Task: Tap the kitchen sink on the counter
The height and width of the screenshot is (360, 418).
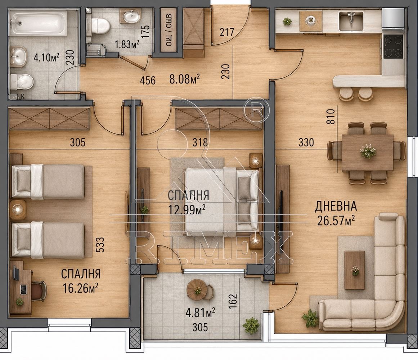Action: tap(351, 21)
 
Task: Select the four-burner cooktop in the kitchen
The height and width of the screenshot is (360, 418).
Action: tap(393, 46)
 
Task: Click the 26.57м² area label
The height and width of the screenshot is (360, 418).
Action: tap(336, 221)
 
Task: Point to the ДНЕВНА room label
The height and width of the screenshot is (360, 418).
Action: tap(336, 206)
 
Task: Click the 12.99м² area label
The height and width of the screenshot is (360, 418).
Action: tap(186, 210)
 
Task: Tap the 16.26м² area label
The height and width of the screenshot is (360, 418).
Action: tap(80, 288)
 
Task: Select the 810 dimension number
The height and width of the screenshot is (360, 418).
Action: tap(331, 116)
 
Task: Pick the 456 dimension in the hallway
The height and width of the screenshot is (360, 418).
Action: tap(148, 80)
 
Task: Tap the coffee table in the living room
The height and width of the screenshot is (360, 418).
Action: tap(355, 270)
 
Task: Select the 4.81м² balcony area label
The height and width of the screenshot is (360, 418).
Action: tap(201, 313)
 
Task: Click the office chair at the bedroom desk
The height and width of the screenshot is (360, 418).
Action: tap(38, 291)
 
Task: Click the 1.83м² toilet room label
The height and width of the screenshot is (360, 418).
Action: tap(127, 44)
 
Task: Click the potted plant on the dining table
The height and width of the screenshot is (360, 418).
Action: tap(368, 151)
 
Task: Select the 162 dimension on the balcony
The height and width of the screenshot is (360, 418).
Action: tap(233, 301)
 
